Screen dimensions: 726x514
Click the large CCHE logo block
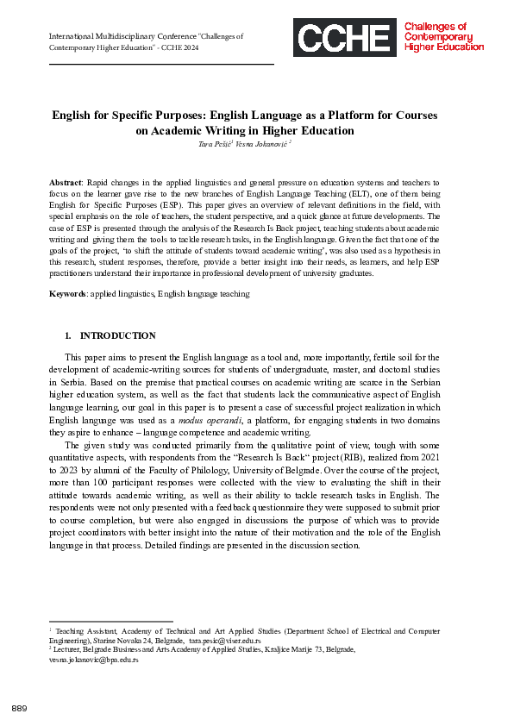(x=342, y=38)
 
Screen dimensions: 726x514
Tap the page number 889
(x=20, y=708)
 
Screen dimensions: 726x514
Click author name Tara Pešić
(x=217, y=143)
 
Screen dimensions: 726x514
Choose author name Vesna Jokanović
(x=263, y=143)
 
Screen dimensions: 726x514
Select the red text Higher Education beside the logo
(x=444, y=47)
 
